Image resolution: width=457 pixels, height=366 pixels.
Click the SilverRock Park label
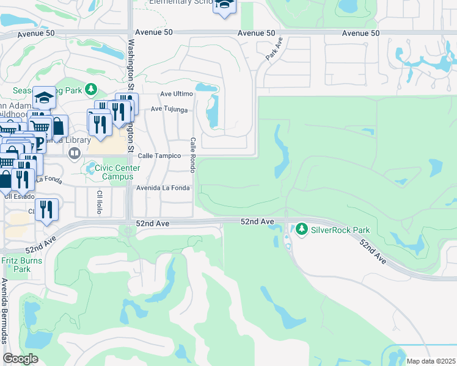(340, 230)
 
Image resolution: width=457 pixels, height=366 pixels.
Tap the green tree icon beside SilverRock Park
(301, 230)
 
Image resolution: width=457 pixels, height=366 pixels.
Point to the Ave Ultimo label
(176, 94)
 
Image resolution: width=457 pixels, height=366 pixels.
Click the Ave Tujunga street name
(169, 110)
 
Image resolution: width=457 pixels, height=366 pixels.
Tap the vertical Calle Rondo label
(192, 155)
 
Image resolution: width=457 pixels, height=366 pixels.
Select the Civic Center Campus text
(117, 172)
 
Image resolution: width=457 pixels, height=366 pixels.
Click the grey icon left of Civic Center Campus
(91, 168)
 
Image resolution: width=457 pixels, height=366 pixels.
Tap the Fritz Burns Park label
(15, 264)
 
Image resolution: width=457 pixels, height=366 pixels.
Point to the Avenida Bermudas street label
(4, 311)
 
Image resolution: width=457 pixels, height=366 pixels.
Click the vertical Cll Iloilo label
(99, 202)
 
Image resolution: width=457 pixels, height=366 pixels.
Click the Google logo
(20, 359)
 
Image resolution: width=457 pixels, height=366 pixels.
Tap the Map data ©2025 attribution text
(431, 361)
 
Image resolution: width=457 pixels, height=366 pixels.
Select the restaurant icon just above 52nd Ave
(46, 210)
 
